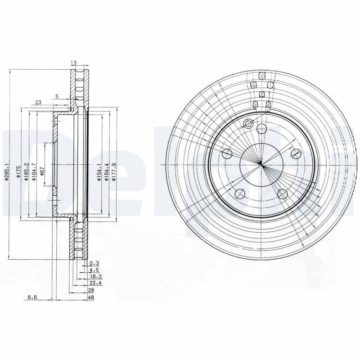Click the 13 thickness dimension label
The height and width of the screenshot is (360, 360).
tap(73, 63)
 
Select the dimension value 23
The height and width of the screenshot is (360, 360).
tap(38, 103)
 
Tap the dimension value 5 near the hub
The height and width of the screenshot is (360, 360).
tap(57, 96)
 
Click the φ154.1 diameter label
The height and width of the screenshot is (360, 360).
tap(99, 172)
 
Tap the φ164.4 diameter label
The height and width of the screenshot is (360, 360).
tap(107, 172)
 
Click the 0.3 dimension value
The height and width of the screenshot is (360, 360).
tap(94, 263)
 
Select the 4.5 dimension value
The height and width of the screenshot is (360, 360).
tap(94, 270)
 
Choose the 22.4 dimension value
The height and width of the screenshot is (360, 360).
tap(95, 283)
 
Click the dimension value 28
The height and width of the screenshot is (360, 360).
tap(91, 291)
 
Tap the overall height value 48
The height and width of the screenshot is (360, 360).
tap(91, 297)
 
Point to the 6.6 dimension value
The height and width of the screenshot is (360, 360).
tap(32, 297)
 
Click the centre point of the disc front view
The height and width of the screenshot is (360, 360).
tap(261, 165)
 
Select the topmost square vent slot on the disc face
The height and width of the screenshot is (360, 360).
tap(261, 75)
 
